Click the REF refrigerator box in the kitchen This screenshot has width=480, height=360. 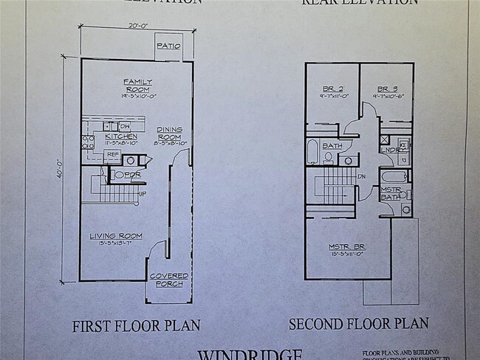pyautogui.click(x=112, y=154)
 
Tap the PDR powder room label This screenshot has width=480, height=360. pyautogui.click(x=132, y=175)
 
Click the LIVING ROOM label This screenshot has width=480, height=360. pyautogui.click(x=116, y=236)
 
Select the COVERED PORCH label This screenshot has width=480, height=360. pyautogui.click(x=169, y=280)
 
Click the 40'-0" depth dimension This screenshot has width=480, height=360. pyautogui.click(x=64, y=171)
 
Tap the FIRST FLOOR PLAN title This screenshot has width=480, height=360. pyautogui.click(x=136, y=325)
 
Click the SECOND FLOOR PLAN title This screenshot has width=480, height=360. pyautogui.click(x=358, y=324)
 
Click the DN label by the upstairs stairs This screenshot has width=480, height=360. pyautogui.click(x=363, y=177)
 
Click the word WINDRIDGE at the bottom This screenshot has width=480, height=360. pyautogui.click(x=249, y=354)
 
